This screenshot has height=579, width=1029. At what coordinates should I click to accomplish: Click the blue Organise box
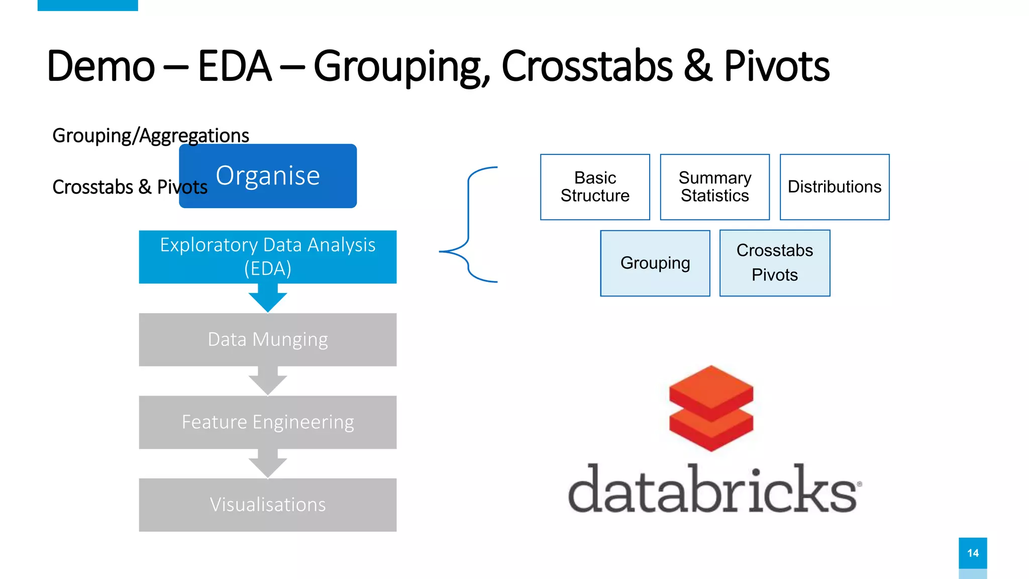pyautogui.click(x=268, y=176)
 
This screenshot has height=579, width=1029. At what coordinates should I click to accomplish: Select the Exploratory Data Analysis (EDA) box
pyautogui.click(x=268, y=257)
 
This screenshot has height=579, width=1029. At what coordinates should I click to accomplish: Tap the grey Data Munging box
pyautogui.click(x=268, y=340)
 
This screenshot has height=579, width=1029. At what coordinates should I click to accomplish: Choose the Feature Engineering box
pyautogui.click(x=268, y=422)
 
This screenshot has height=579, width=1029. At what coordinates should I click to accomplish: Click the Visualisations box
pyautogui.click(x=268, y=505)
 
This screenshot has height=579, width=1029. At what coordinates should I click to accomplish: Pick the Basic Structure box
pyautogui.click(x=595, y=187)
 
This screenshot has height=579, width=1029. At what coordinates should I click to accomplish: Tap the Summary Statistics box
pyautogui.click(x=714, y=187)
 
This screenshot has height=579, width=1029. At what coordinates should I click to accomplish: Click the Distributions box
pyautogui.click(x=835, y=187)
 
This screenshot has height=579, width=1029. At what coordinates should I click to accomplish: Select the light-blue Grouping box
pyautogui.click(x=655, y=263)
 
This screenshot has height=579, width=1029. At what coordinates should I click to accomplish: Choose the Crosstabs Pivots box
pyautogui.click(x=775, y=263)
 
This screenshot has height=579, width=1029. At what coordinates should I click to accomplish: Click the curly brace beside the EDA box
pyautogui.click(x=468, y=225)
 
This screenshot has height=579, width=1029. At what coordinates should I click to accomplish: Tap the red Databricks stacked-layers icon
pyautogui.click(x=711, y=408)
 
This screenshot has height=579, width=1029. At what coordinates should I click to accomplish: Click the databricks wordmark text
pyautogui.click(x=713, y=490)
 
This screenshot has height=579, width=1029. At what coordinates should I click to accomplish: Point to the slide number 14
pyautogui.click(x=973, y=553)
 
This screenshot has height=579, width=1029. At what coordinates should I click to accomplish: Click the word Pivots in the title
pyautogui.click(x=776, y=66)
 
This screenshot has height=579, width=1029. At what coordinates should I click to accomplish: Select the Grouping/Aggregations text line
pyautogui.click(x=151, y=136)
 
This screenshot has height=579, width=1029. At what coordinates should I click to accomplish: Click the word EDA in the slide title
pyautogui.click(x=235, y=66)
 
